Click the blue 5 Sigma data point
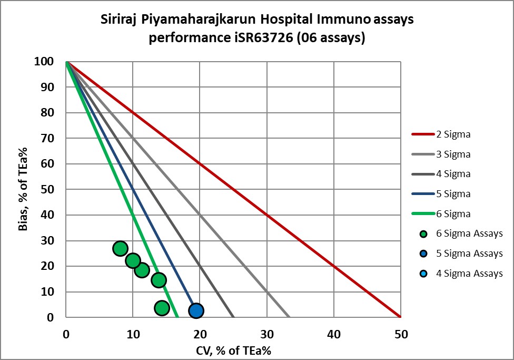pos(196,310)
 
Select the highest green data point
pos(120,248)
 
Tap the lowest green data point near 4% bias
pos(162,308)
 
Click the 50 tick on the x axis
pos(401,333)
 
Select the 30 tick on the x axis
pos(267,333)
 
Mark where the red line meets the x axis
pos(401,317)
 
